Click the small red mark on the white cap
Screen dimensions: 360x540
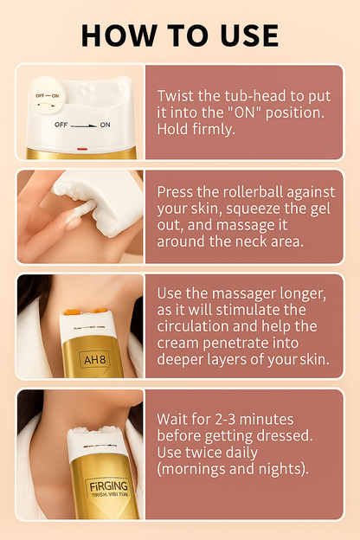coord(82,149)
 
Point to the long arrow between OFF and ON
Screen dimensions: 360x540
coord(84,125)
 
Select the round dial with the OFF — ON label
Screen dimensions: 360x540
coord(48,94)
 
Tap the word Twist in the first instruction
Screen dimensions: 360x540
coord(176,96)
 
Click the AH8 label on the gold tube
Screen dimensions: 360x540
coord(95,360)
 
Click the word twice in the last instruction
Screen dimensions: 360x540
coord(204,453)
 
